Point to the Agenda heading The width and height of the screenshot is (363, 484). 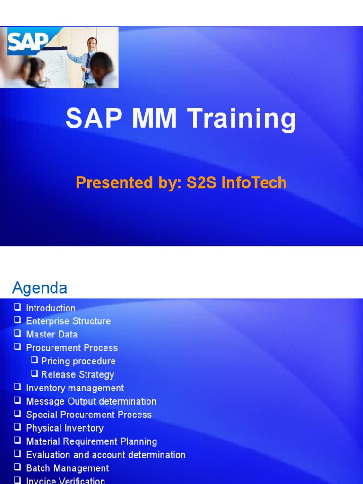(x=40, y=287)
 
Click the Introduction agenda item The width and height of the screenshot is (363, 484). (x=51, y=308)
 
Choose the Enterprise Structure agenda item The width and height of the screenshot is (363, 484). (x=68, y=321)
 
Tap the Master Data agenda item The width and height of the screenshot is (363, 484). (x=52, y=335)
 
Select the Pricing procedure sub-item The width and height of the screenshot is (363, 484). (x=78, y=362)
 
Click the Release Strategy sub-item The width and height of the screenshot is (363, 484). (x=78, y=375)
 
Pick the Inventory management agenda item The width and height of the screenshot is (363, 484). (x=75, y=388)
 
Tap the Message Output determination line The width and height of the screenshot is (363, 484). (x=91, y=401)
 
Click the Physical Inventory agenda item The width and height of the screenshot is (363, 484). (x=65, y=428)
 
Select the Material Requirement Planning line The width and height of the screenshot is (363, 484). (x=91, y=441)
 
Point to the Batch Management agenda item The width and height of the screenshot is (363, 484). (x=67, y=468)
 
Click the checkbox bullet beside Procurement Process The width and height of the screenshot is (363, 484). (x=18, y=347)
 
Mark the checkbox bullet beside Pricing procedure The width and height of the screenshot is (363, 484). (x=35, y=361)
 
